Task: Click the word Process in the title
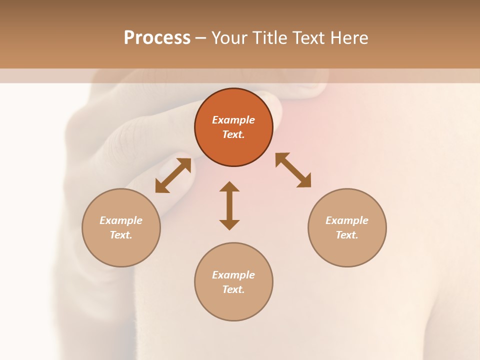coord(157,38)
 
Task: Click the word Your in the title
coord(230,38)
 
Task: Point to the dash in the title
coord(200,38)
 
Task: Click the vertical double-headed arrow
coord(229,205)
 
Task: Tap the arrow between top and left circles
coord(173,175)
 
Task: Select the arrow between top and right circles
coord(293,170)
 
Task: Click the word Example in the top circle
coord(233,120)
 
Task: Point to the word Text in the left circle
coord(121,235)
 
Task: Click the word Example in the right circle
coord(347,220)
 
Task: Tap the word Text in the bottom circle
coord(233,289)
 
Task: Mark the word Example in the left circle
coord(121,220)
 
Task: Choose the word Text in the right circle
coord(347,235)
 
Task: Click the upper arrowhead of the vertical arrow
coord(229,186)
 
